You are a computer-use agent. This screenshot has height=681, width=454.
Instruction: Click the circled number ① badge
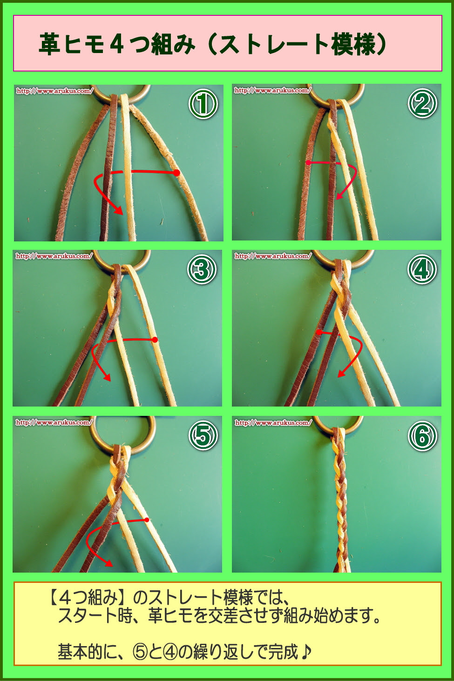pyautogui.click(x=203, y=104)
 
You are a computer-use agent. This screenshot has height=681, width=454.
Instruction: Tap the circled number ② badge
pyautogui.click(x=422, y=104)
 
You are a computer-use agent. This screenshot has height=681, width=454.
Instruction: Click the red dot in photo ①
pyautogui.click(x=176, y=173)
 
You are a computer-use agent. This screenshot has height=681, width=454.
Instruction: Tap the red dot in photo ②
pyautogui.click(x=309, y=163)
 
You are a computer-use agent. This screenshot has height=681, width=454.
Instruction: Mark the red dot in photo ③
pyautogui.click(x=155, y=340)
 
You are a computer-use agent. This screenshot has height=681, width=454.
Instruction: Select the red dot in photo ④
pyautogui.click(x=319, y=332)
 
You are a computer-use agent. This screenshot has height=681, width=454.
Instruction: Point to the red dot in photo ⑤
pyautogui.click(x=147, y=520)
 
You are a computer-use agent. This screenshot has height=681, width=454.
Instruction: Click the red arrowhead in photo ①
pyautogui.click(x=119, y=211)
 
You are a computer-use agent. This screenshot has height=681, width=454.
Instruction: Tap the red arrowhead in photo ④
pyautogui.click(x=342, y=374)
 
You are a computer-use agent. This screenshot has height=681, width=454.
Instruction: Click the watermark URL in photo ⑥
pyautogui.click(x=273, y=423)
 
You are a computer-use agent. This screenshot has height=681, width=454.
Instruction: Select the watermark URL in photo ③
pyautogui.click(x=54, y=256)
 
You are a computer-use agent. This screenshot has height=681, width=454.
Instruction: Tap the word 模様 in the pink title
pyautogui.click(x=353, y=44)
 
